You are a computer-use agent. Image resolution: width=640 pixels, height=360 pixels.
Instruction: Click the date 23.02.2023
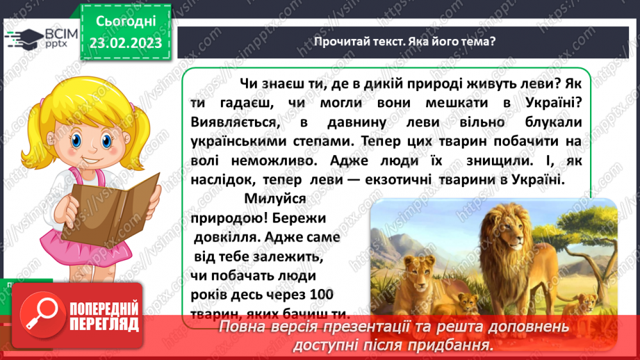pyautogui.click(x=126, y=42)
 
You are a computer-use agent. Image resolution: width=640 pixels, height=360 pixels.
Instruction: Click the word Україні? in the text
pyautogui.click(x=545, y=102)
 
